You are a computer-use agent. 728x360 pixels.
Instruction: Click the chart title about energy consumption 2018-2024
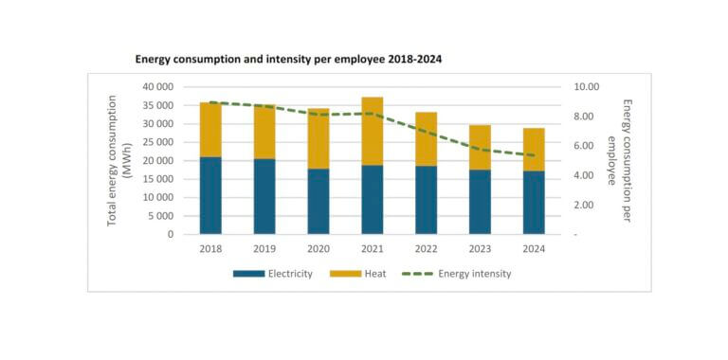[x=288, y=59]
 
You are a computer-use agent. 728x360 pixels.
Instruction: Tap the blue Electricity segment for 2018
[x=210, y=195]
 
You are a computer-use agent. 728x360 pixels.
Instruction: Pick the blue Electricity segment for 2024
[x=534, y=202]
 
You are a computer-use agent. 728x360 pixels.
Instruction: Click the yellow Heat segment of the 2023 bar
[x=480, y=147]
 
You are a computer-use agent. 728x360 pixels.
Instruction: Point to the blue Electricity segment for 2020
[x=318, y=201]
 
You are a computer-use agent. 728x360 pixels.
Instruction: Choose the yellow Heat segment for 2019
[x=264, y=132]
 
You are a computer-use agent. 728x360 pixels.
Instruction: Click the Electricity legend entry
[x=273, y=274]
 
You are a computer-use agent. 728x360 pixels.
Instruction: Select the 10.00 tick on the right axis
[x=587, y=86]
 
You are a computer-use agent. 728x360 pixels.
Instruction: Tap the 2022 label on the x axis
[x=427, y=248]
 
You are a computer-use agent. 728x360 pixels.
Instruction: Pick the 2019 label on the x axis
[x=264, y=248]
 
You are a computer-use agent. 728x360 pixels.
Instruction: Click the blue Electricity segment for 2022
[x=427, y=199]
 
